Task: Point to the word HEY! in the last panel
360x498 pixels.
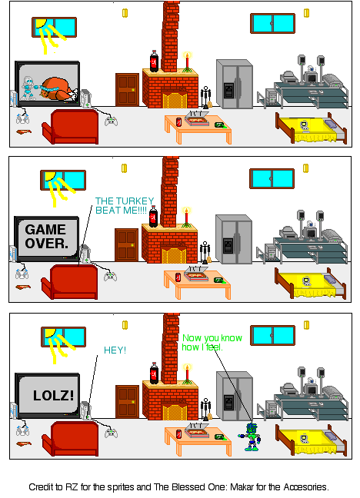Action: click(x=115, y=350)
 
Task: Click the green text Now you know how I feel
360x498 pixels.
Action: click(x=212, y=343)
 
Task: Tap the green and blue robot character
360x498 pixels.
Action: click(x=251, y=435)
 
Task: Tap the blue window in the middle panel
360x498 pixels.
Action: click(x=272, y=179)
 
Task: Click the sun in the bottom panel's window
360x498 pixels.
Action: click(x=50, y=334)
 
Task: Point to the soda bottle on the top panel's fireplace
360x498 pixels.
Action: click(x=154, y=61)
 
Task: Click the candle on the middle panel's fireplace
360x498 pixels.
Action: click(x=185, y=213)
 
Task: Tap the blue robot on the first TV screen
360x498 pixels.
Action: click(x=29, y=87)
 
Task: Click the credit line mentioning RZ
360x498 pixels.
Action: click(x=178, y=486)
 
